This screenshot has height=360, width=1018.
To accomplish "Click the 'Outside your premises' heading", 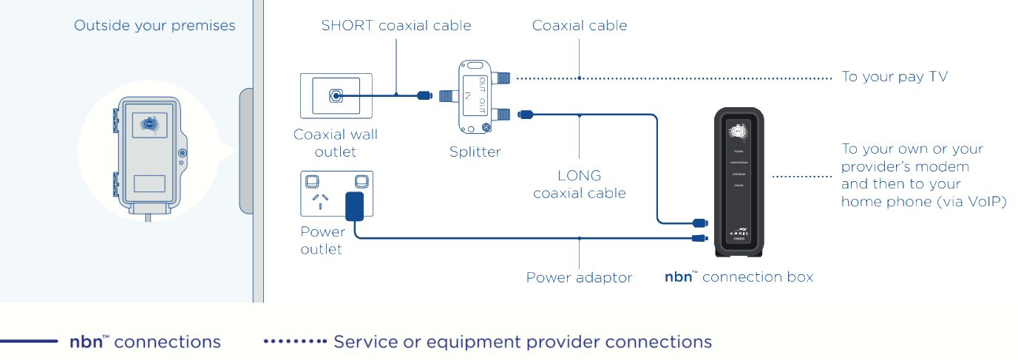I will click(155, 26).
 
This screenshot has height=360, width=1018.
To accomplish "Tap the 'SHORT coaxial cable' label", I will click(396, 26).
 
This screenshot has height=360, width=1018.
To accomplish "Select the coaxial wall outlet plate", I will click(336, 95).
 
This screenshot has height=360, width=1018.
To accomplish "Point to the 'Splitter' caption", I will click(475, 152).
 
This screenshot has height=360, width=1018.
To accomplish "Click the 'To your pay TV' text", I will click(895, 77).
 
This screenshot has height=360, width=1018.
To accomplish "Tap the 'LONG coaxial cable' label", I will click(580, 185).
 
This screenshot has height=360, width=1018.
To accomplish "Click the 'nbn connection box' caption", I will click(739, 277).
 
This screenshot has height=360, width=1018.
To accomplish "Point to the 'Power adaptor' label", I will click(579, 278).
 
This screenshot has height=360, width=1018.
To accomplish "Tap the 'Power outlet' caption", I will click(322, 240).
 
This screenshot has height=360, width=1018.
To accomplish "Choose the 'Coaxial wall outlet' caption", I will click(336, 143).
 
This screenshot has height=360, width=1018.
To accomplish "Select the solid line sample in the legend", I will click(29, 342).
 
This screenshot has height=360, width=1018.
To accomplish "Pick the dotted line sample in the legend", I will click(295, 342).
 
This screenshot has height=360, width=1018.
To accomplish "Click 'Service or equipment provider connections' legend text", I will click(522, 342).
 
